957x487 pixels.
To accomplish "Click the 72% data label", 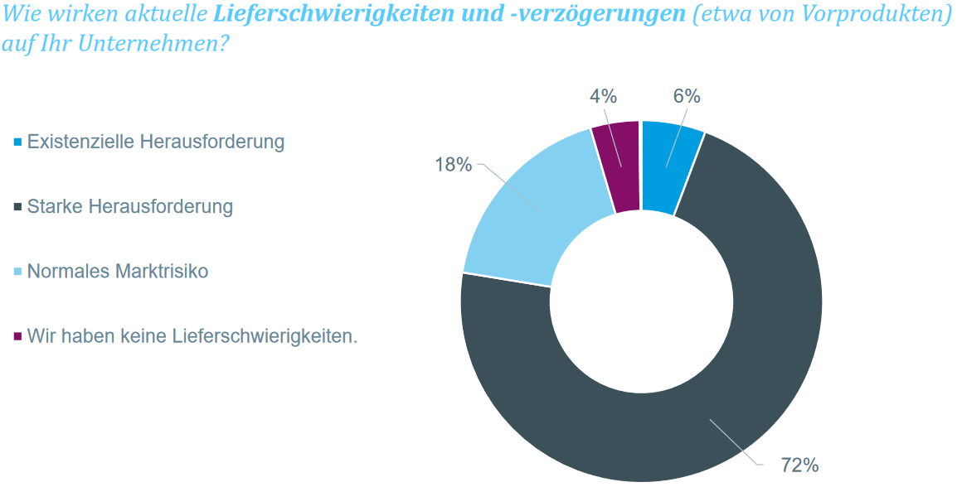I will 799,465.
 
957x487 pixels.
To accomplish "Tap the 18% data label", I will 454,164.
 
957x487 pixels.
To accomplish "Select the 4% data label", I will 603,96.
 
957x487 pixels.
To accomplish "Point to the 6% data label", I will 686,96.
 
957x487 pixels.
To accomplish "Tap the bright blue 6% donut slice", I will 668,166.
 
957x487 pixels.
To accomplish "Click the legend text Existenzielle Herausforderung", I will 156,142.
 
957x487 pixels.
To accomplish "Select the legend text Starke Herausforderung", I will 130,206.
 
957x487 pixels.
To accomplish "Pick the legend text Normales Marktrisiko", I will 118,271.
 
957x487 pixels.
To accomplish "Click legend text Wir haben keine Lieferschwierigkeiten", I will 192,335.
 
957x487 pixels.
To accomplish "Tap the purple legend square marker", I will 17,336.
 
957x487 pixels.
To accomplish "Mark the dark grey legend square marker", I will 17,207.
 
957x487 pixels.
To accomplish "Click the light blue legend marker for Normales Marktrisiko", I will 17,272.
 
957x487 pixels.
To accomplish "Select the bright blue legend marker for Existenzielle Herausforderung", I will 17,142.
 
